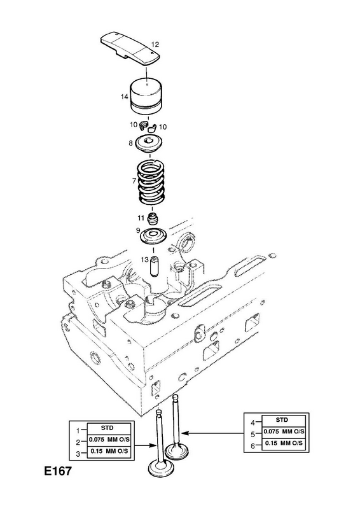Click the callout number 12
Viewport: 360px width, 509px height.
click(x=155, y=44)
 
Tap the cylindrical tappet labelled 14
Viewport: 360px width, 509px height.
click(x=148, y=96)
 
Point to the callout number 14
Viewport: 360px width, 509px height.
click(x=124, y=97)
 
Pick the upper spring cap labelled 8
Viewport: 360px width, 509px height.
click(x=149, y=143)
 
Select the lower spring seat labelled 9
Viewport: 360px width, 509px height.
click(x=153, y=236)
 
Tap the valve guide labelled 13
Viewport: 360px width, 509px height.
click(x=153, y=267)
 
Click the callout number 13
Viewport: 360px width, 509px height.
click(x=144, y=260)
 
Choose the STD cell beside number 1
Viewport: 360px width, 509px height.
click(x=107, y=428)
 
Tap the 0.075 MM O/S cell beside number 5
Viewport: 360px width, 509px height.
click(x=284, y=432)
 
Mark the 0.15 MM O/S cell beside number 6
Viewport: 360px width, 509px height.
click(x=284, y=443)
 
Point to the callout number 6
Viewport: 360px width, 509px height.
click(x=253, y=446)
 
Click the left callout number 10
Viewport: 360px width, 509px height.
click(x=134, y=125)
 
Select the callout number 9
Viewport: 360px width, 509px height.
click(x=138, y=230)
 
